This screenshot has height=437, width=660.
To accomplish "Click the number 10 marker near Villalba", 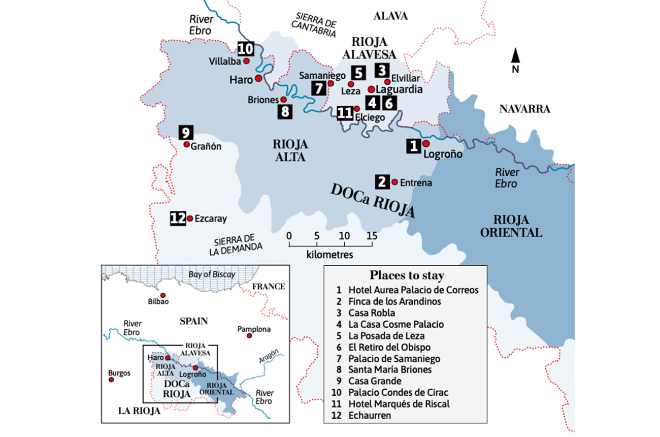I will tap(245, 48).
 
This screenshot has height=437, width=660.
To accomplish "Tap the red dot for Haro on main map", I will tap(258, 78).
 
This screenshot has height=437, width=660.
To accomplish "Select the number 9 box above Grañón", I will tap(186, 133).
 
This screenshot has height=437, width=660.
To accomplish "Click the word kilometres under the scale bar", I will tap(329, 254).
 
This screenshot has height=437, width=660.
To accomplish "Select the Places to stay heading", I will tap(407, 275).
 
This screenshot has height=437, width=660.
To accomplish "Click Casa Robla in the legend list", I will tap(371, 313).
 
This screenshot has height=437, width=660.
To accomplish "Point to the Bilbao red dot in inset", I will tap(163, 295).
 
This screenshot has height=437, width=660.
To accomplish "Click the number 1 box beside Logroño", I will tap(413, 146).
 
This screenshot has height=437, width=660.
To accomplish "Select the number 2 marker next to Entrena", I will tap(382, 181).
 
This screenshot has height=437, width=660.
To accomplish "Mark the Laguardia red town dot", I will tap(371, 89).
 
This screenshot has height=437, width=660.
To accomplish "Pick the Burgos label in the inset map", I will tap(119, 372).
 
